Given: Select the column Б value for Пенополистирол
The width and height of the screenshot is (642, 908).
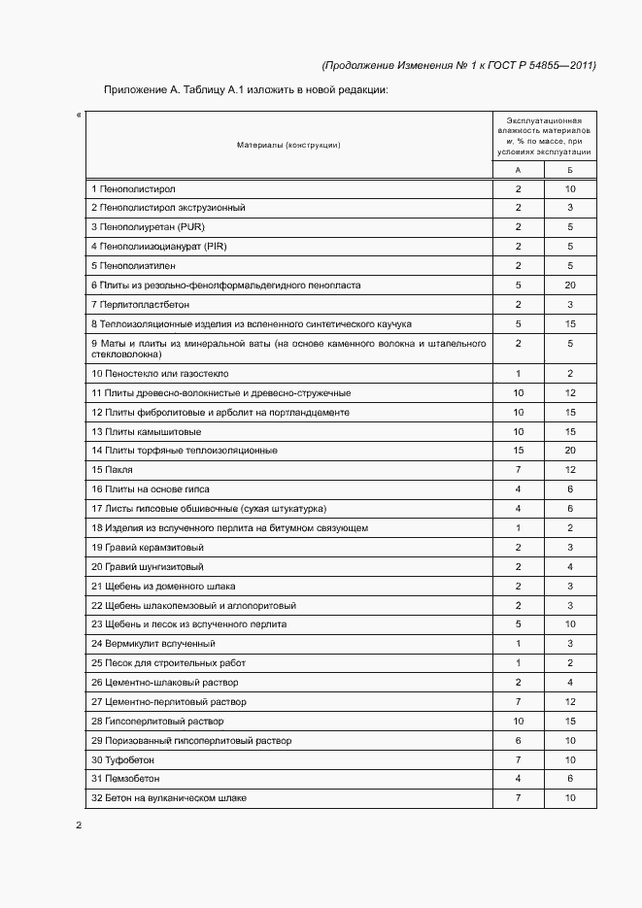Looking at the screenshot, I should [570, 188].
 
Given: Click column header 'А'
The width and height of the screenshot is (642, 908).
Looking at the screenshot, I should [518, 169].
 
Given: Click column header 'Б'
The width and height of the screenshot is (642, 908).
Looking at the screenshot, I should [570, 169].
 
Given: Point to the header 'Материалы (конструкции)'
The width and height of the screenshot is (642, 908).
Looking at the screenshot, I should [288, 145].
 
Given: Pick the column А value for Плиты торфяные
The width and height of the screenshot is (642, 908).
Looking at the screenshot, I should [518, 451].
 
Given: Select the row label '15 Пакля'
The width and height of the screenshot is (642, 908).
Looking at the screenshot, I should [112, 470].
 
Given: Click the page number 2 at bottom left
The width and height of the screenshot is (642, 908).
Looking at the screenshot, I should [79, 825].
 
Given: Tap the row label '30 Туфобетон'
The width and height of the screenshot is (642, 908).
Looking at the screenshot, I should [122, 759].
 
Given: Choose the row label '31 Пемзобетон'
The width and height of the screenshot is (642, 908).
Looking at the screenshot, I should [125, 779].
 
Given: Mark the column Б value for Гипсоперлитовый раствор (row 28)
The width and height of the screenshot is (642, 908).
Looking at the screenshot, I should [570, 722].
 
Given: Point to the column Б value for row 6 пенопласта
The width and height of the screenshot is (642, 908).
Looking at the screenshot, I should [570, 286].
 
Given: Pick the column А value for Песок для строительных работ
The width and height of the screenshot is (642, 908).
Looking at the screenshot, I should [518, 663].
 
